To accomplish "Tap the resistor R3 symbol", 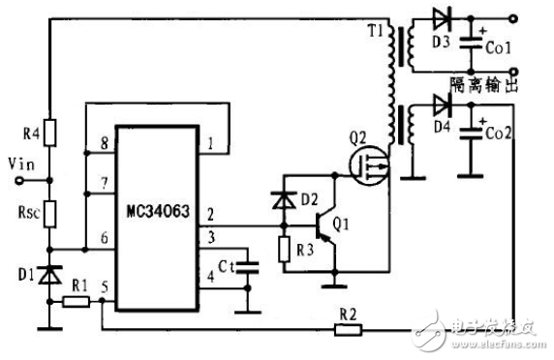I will [284, 248].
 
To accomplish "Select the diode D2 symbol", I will [284, 200].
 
